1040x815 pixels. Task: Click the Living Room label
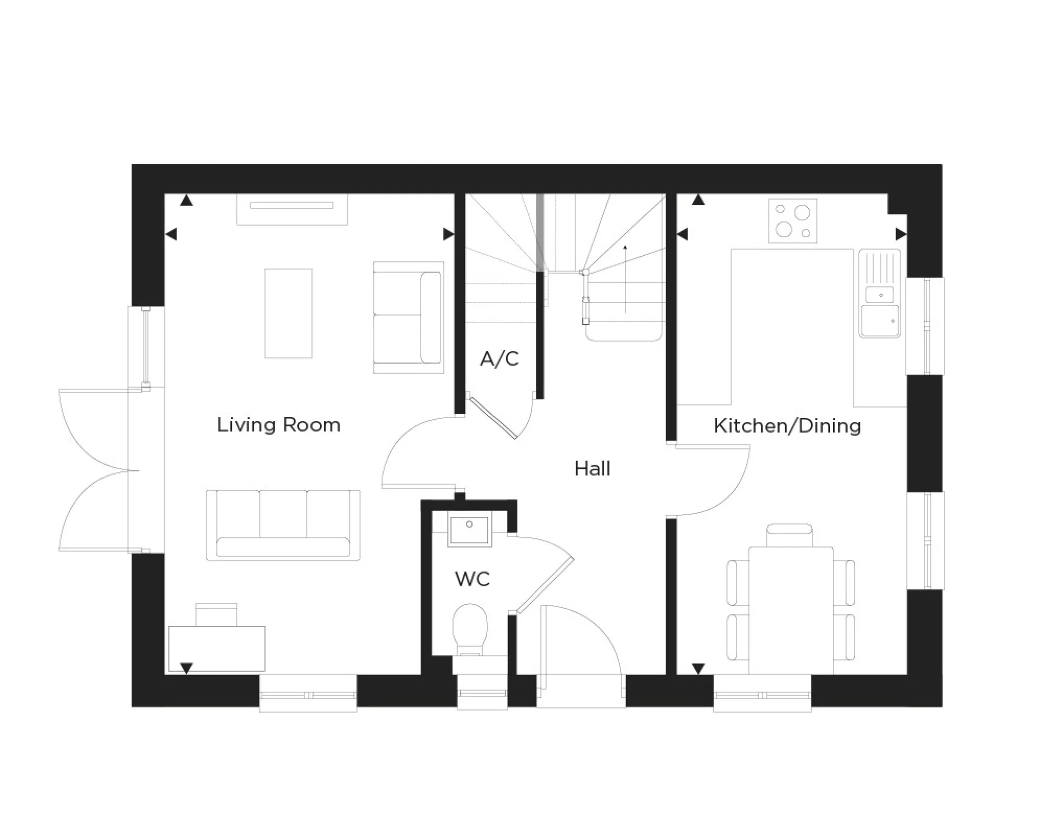pyautogui.click(x=279, y=425)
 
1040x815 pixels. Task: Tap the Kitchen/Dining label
pyautogui.click(x=787, y=426)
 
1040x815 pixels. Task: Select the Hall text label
pyautogui.click(x=592, y=469)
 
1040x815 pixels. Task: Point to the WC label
pyautogui.click(x=472, y=579)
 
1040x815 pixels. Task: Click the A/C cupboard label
pyautogui.click(x=499, y=359)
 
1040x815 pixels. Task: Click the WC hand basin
pyautogui.click(x=470, y=529)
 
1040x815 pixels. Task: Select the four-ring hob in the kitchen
pyautogui.click(x=792, y=220)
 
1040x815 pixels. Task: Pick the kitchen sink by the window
pyautogui.click(x=880, y=307)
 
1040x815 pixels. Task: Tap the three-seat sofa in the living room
pyautogui.click(x=283, y=525)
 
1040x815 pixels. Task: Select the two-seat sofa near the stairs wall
pyautogui.click(x=409, y=317)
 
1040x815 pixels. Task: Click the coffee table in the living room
pyautogui.click(x=288, y=313)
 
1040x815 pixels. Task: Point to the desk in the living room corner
pyautogui.click(x=217, y=649)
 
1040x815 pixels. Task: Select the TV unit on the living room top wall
pyautogui.click(x=292, y=209)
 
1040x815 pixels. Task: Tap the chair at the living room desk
pyautogui.click(x=216, y=614)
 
